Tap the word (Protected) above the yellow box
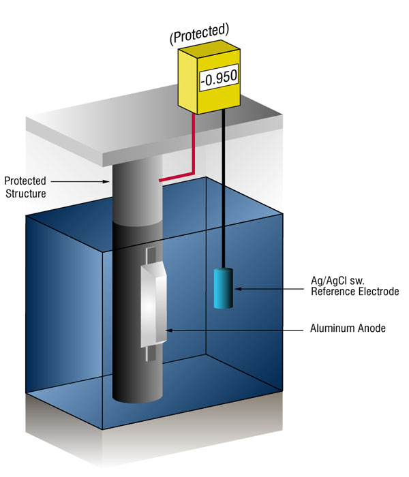click(200, 33)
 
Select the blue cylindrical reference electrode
click(224, 288)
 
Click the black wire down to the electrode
click(224, 188)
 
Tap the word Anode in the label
click(370, 328)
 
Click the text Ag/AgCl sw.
click(337, 280)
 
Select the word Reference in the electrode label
click(333, 292)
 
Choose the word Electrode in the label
click(378, 292)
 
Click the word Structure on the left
click(26, 194)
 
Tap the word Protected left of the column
click(25, 181)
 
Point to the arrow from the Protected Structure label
click(80, 182)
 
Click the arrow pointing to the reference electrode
click(269, 289)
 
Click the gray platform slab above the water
click(152, 128)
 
